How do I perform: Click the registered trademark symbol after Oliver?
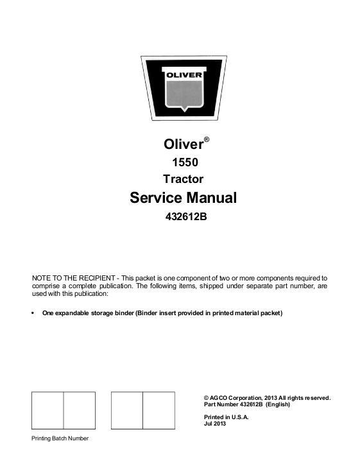206,138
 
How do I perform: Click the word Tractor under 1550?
183,179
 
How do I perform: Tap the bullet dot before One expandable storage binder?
33,313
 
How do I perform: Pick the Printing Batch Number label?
60,438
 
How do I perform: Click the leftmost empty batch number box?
47,410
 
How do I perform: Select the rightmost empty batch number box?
158,410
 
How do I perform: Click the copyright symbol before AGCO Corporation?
205,398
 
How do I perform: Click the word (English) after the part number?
277,405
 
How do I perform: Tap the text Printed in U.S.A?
225,417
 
